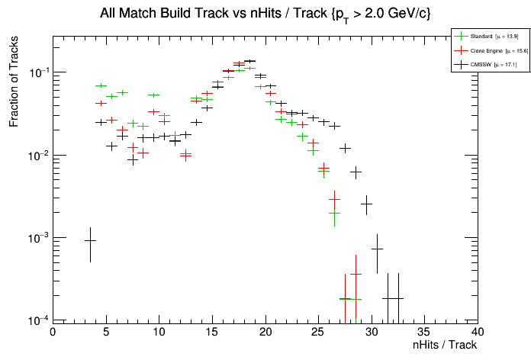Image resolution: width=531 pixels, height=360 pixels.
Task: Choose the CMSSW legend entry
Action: coord(482,65)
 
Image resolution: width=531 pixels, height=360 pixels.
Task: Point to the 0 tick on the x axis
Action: coord(53,332)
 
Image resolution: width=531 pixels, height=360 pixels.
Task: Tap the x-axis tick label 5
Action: coord(105,332)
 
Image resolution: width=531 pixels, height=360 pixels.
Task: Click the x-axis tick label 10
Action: coord(159,332)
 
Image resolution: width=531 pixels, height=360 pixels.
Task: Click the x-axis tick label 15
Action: coord(212,332)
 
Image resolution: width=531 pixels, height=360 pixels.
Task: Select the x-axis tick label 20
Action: coord(265,332)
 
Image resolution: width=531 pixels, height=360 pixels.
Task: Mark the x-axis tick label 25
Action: coord(318,332)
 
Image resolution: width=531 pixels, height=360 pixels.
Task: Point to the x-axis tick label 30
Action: coord(372,332)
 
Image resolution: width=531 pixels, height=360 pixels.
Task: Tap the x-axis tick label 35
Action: coord(424,332)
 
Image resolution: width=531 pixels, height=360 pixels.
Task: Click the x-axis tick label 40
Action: coord(478,332)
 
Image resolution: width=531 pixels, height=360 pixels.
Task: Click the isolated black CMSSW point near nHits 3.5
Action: coord(90,240)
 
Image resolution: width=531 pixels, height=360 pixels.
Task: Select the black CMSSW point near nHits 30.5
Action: coord(377,249)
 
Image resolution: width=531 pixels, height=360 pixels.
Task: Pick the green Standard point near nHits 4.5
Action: coord(101,85)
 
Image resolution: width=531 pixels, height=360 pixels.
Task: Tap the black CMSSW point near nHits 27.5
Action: coord(345,148)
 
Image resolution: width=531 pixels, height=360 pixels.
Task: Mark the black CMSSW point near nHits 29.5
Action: coord(366,204)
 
